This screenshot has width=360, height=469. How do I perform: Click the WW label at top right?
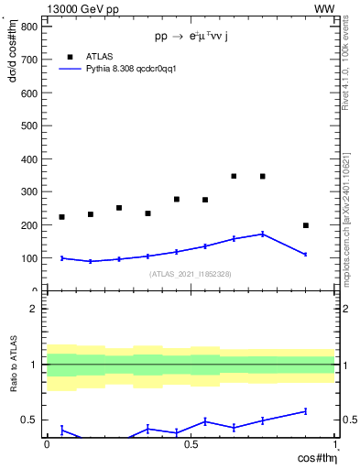tap(324, 8)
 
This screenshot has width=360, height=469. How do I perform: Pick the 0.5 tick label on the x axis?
tap(191, 443)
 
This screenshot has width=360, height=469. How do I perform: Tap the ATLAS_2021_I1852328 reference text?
tap(191, 274)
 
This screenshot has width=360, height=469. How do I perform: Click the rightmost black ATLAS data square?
tap(306, 225)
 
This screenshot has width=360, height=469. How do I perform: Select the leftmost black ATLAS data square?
tap(61, 217)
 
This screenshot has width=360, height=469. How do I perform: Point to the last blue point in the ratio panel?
tap(306, 411)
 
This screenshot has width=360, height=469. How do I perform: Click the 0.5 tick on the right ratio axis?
tap(348, 420)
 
